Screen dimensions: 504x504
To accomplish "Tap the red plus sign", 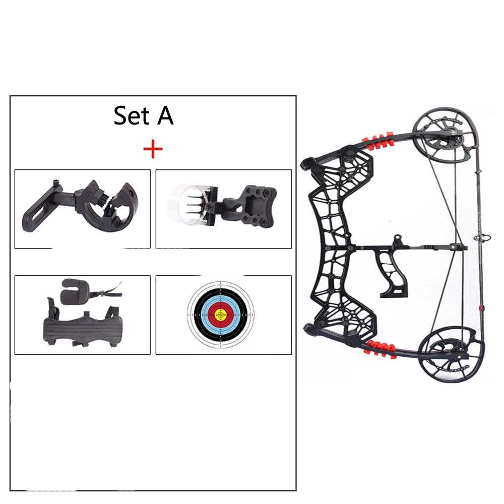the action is (153, 150).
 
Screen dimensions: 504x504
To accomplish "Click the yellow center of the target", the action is (221, 316).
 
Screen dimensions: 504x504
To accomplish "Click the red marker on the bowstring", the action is (480, 307).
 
